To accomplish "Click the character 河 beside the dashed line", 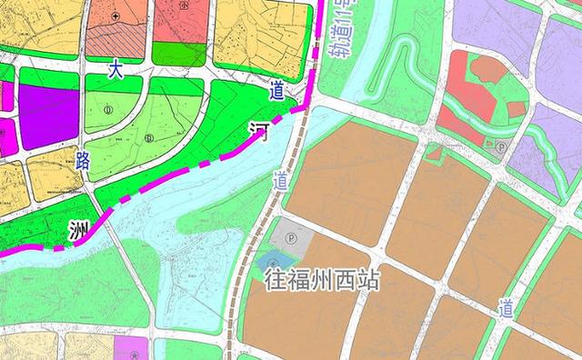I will pyautogui.click(x=259, y=133).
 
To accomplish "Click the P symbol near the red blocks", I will pyautogui.click(x=502, y=145).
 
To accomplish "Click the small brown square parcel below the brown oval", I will pyautogui.click(x=516, y=109).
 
